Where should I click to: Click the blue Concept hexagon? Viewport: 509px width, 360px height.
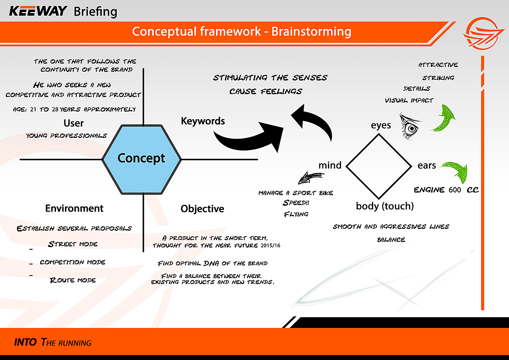coord(142,159)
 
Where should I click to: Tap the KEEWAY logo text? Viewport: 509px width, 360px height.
coord(38,11)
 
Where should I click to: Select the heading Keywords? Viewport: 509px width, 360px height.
coord(203,121)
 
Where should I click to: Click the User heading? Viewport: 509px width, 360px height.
coord(73,123)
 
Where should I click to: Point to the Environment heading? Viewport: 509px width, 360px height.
coord(74,209)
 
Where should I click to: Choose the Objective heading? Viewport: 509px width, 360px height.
coord(202,209)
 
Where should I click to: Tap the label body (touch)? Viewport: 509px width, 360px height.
coord(385,207)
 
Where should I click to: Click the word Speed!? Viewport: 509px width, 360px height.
coord(296,203)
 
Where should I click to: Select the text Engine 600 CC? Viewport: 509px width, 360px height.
coord(446,190)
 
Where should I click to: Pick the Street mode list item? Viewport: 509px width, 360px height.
coord(73,244)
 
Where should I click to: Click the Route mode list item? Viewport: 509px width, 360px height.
coord(73,280)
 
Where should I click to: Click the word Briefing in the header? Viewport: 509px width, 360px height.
coord(95,11)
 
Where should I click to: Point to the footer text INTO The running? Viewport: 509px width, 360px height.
coord(53,342)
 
